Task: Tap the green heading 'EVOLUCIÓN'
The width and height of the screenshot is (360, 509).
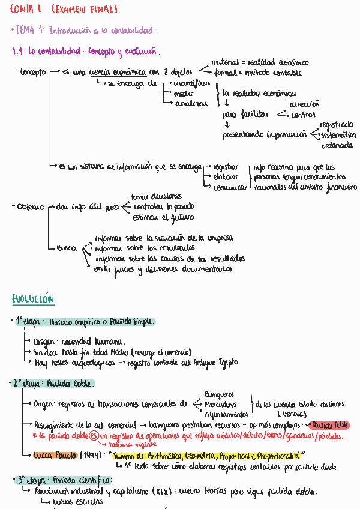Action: (x=33, y=299)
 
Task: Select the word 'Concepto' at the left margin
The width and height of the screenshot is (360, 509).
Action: (x=33, y=72)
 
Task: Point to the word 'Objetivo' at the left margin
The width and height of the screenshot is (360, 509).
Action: (x=31, y=207)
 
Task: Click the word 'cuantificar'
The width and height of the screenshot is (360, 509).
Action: (x=191, y=83)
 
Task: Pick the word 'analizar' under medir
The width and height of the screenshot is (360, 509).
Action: (x=191, y=104)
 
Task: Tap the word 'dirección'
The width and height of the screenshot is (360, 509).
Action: (x=305, y=104)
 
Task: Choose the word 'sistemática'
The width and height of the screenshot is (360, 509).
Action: (x=337, y=135)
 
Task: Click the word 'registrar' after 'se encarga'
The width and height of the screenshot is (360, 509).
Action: (x=226, y=167)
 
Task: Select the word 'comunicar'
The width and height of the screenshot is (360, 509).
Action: (x=230, y=187)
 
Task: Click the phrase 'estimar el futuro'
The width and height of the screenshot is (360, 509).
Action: (x=164, y=217)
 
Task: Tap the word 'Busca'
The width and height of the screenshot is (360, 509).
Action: (x=67, y=248)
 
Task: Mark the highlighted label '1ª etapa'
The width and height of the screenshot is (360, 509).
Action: (x=30, y=322)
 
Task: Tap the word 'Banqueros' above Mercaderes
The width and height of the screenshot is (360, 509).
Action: (x=219, y=394)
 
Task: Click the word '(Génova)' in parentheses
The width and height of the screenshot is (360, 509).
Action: (x=290, y=414)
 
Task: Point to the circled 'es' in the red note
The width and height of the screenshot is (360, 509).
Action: (x=94, y=435)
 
